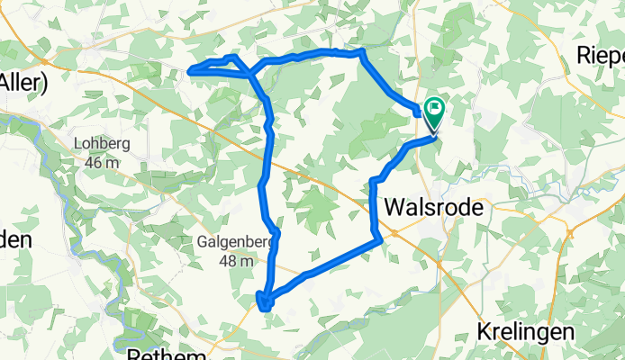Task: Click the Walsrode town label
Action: (x=433, y=206)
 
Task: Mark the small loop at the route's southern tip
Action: (x=264, y=301)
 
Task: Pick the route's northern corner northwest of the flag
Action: (x=362, y=52)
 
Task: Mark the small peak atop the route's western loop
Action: (x=234, y=58)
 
